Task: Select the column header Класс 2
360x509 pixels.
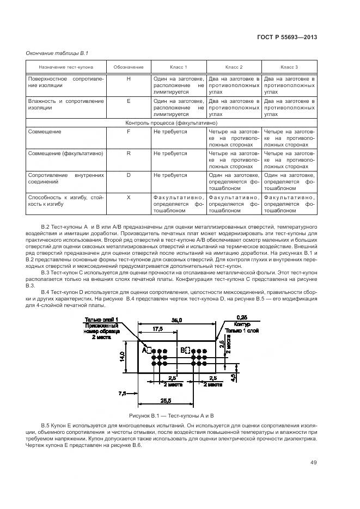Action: [x=234, y=67]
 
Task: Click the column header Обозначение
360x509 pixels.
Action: [x=129, y=67]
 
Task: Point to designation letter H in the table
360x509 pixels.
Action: [x=129, y=79]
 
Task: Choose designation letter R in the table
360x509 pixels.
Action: [x=129, y=154]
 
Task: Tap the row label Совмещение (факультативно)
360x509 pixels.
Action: [x=65, y=154]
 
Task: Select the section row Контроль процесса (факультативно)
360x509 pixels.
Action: [x=171, y=123]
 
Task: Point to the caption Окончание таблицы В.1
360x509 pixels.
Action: [x=53, y=52]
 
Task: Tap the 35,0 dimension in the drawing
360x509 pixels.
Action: [x=176, y=320]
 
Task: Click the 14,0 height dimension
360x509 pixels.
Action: [x=122, y=357]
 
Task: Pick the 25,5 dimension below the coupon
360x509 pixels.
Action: [x=166, y=400]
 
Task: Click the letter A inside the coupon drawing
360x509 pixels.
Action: [x=145, y=351]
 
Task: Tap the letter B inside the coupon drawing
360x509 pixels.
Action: [x=183, y=351]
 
